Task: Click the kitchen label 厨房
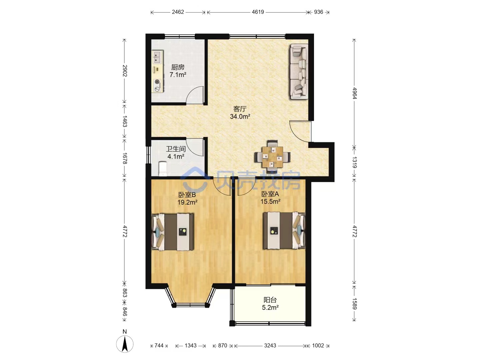click(178, 67)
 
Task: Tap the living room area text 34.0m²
click(240, 117)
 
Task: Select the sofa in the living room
click(299, 71)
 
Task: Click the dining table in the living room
click(272, 157)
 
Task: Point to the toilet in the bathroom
click(163, 169)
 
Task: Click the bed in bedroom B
click(173, 232)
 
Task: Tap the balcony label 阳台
click(270, 300)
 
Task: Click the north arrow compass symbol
click(125, 344)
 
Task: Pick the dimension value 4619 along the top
click(258, 12)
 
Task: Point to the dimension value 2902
click(125, 71)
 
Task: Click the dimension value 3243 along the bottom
click(270, 346)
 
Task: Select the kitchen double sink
click(157, 57)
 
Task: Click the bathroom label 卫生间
click(176, 149)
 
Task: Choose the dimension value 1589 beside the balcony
click(354, 304)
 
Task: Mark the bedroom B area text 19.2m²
click(187, 202)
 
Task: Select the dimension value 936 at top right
click(318, 12)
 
